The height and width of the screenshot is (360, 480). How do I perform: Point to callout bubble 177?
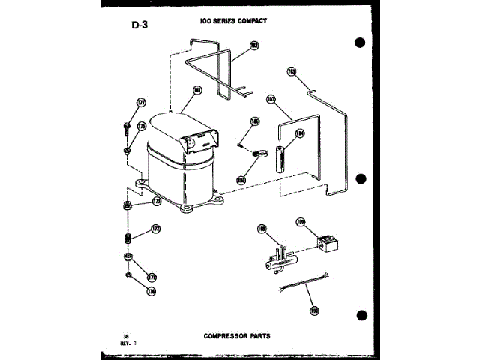pyautogui.click(x=141, y=103)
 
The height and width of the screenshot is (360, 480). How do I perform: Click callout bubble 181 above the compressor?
pyautogui.click(x=197, y=91)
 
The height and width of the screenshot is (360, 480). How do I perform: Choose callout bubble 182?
pyautogui.click(x=254, y=45)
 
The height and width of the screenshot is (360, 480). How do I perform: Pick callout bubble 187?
pyautogui.click(x=271, y=97)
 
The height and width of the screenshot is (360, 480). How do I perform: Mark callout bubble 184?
pyautogui.click(x=300, y=135)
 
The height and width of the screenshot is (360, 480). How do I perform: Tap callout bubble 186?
pyautogui.click(x=255, y=121)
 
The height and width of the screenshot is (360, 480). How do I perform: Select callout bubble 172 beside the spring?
pyautogui.click(x=155, y=229)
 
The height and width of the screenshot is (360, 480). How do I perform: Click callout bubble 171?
pyautogui.click(x=150, y=277)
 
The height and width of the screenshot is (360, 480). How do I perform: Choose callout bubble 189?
pyautogui.click(x=301, y=222)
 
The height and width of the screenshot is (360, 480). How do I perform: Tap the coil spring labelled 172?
pyautogui.click(x=128, y=239)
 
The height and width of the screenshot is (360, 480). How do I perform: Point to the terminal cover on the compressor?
pyautogui.click(x=199, y=140)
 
